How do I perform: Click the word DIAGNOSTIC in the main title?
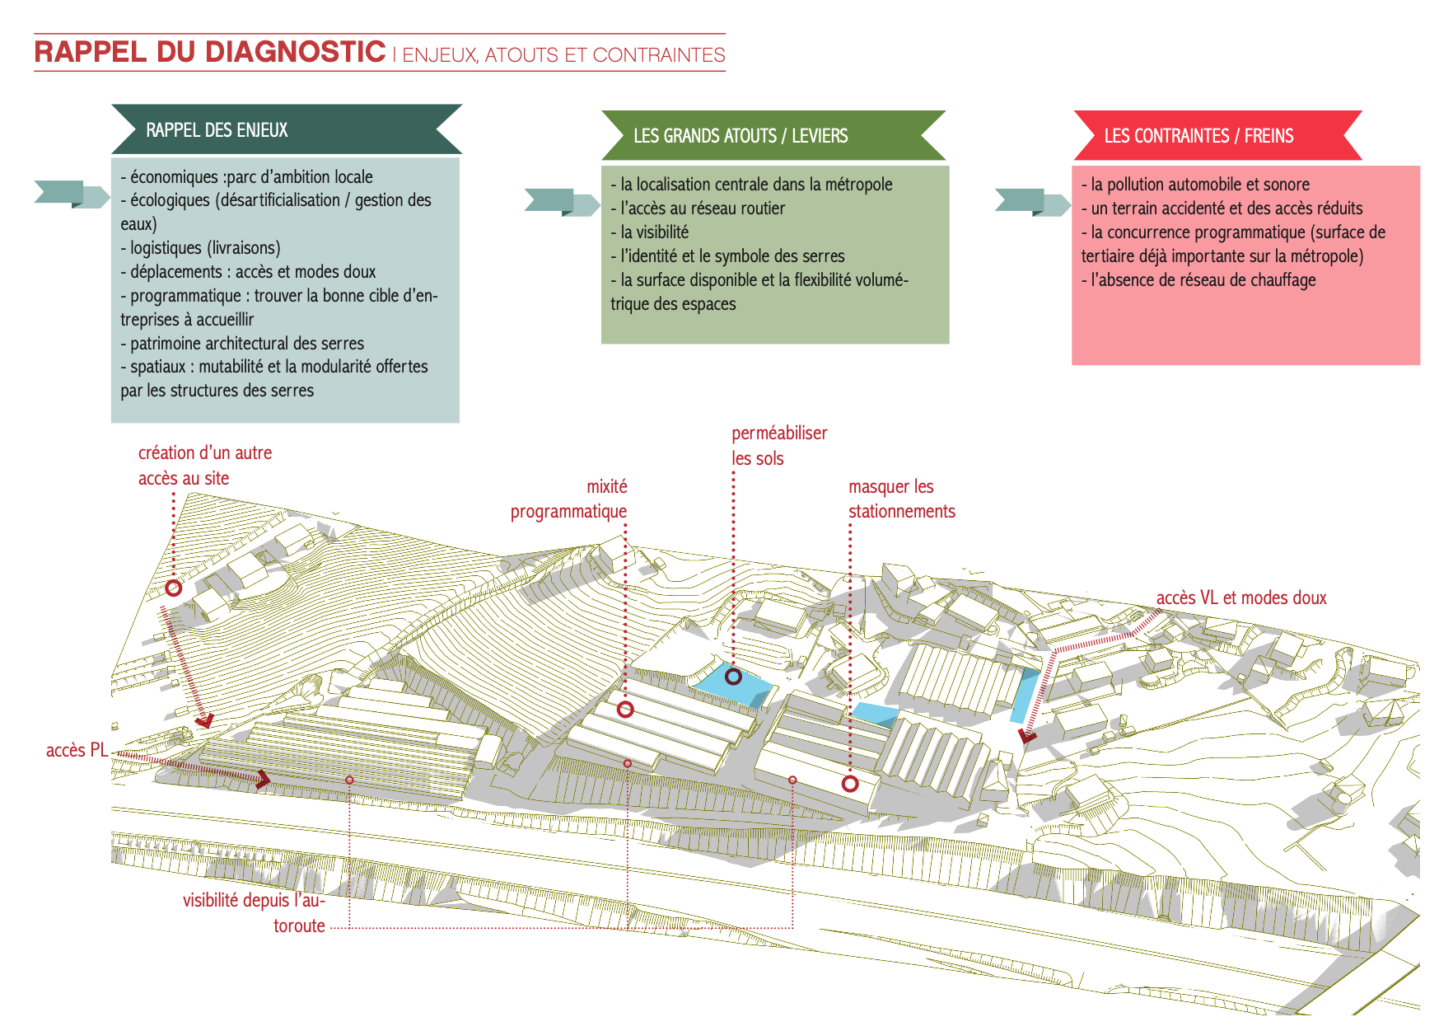click(x=295, y=52)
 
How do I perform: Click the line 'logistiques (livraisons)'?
click(x=205, y=248)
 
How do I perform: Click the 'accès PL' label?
click(x=77, y=750)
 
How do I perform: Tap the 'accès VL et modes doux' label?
click(x=1241, y=598)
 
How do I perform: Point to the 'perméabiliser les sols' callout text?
click(x=778, y=446)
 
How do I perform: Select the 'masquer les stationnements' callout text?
click(x=901, y=499)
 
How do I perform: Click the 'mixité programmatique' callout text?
click(x=569, y=499)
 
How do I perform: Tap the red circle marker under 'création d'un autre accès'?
click(x=173, y=588)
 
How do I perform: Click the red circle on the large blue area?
click(x=733, y=677)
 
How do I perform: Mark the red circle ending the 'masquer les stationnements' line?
click(x=850, y=784)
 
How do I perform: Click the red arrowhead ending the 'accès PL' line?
click(x=263, y=779)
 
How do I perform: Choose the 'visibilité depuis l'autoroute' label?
click(x=255, y=912)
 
